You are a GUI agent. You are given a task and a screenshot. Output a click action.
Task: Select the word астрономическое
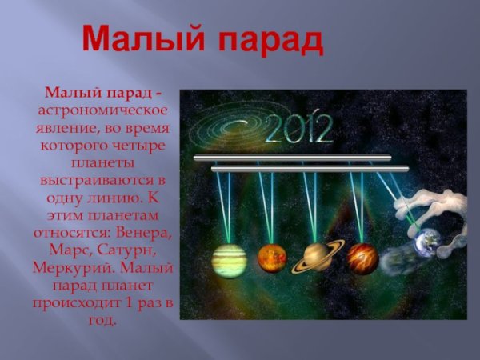click(101, 109)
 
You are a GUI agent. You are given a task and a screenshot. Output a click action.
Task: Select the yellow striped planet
click(230, 258)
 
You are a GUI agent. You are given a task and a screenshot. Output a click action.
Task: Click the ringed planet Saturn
click(317, 256)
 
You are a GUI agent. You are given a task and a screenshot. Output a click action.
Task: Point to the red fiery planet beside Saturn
click(362, 258)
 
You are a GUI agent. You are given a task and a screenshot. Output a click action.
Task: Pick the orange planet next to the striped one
click(272, 258)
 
